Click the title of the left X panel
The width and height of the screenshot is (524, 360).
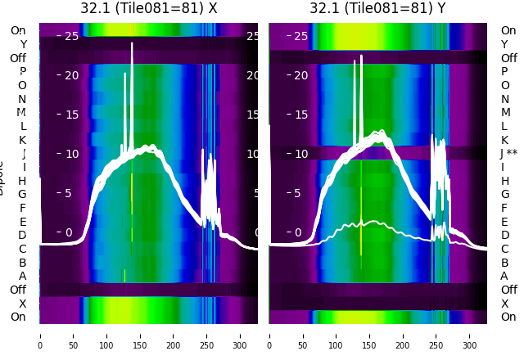[149, 8]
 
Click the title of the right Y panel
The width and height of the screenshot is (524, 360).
[378, 8]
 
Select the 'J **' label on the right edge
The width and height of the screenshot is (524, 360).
[509, 154]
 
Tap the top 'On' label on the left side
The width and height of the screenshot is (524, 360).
[17, 31]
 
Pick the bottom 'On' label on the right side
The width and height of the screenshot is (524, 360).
[508, 317]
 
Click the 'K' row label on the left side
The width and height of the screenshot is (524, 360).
[23, 140]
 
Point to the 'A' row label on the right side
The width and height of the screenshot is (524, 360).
[504, 277]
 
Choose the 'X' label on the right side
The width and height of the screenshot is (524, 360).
[504, 304]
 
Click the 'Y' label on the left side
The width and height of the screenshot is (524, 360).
[23, 45]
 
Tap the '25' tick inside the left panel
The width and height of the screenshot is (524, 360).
[71, 36]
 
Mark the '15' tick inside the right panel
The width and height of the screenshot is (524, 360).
[300, 115]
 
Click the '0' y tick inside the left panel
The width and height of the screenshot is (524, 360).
[69, 232]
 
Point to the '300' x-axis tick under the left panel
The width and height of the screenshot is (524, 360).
[241, 335]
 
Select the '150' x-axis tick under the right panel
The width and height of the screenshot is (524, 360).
[370, 335]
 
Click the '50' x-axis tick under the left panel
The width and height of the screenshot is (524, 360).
[73, 335]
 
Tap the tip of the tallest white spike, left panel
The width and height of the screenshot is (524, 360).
[132, 43]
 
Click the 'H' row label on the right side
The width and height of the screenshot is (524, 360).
[504, 181]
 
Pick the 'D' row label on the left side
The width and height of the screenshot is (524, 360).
[23, 236]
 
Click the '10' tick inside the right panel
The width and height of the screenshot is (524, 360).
[300, 154]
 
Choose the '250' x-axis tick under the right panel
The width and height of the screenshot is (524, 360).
[436, 335]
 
